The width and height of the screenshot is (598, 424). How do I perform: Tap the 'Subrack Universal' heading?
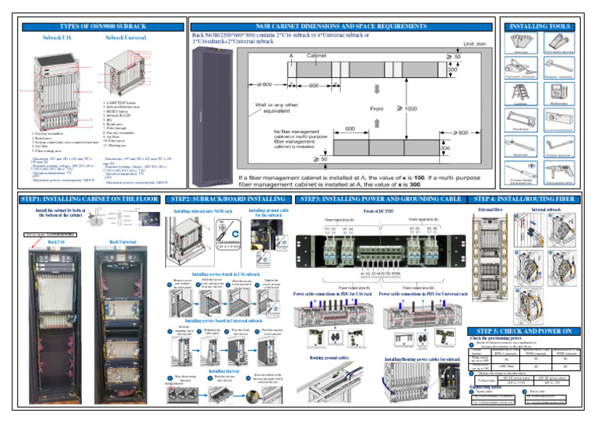pyautogui.click(x=125, y=37)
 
